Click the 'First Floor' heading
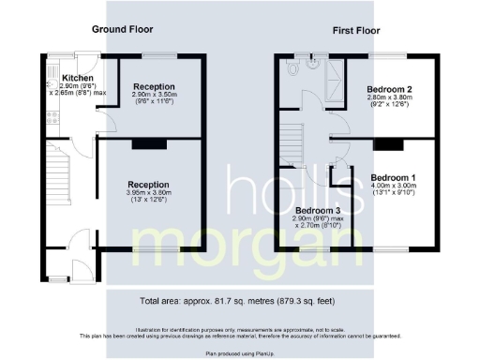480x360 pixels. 356,31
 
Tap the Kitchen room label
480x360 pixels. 78,77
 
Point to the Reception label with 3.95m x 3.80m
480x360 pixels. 148,185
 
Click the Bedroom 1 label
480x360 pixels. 394,177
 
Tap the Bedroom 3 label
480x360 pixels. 317,211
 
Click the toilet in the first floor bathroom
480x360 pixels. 293,69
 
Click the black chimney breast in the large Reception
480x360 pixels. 146,144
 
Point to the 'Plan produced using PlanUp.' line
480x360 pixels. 240,353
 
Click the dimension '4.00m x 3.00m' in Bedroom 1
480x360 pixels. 394,187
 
